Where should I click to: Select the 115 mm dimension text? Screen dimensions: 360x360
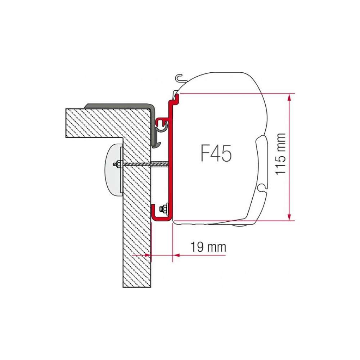tap(280, 154)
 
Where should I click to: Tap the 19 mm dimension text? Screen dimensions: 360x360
tap(208, 247)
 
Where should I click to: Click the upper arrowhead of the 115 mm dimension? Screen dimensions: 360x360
tap(289, 97)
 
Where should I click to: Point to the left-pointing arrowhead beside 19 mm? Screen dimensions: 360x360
tap(176, 255)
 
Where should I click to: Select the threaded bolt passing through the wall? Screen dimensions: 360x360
tap(144, 165)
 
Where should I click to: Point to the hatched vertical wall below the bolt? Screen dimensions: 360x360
tap(137, 245)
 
